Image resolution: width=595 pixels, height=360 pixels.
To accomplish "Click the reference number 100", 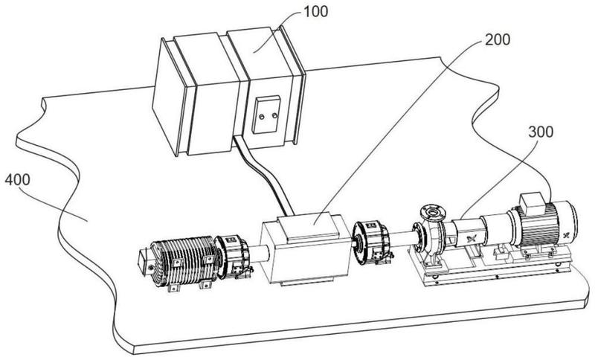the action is (315, 11).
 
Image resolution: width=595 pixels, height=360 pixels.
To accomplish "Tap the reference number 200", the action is (498, 39).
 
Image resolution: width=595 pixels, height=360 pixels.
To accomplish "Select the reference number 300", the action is (541, 132).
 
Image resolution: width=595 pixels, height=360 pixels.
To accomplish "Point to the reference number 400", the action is (17, 179).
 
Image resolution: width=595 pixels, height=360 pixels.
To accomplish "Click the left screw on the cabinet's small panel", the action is (261, 117).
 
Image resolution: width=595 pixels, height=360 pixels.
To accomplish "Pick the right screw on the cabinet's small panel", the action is (274, 115).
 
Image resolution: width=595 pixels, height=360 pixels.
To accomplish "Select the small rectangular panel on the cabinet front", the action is (267, 115).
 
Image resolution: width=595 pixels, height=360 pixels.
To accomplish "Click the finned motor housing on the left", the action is (184, 262).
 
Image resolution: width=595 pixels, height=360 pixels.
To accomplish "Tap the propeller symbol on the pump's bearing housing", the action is (472, 239).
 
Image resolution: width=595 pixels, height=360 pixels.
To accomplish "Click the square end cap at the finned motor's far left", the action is (144, 261).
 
